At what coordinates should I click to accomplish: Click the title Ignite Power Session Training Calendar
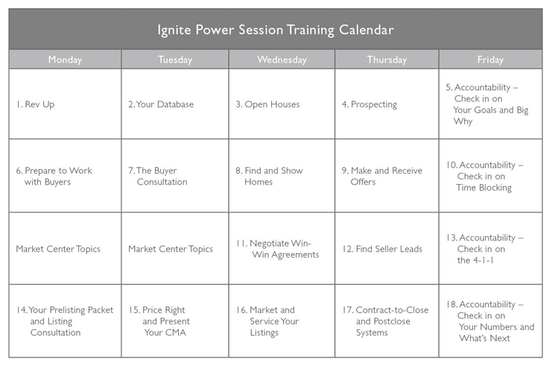[x=276, y=30]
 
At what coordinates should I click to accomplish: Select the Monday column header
[x=65, y=60]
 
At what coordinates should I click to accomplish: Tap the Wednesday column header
[x=282, y=60]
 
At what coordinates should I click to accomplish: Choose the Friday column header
[x=491, y=60]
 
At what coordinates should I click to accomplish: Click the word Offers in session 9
[x=363, y=182]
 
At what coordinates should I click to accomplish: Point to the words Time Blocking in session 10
[x=484, y=188]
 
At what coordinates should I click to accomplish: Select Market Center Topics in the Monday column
[x=58, y=249]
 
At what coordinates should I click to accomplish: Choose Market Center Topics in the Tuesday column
[x=171, y=249]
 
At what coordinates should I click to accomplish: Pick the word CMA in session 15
[x=175, y=332]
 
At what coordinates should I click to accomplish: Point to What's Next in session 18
[x=485, y=338]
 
